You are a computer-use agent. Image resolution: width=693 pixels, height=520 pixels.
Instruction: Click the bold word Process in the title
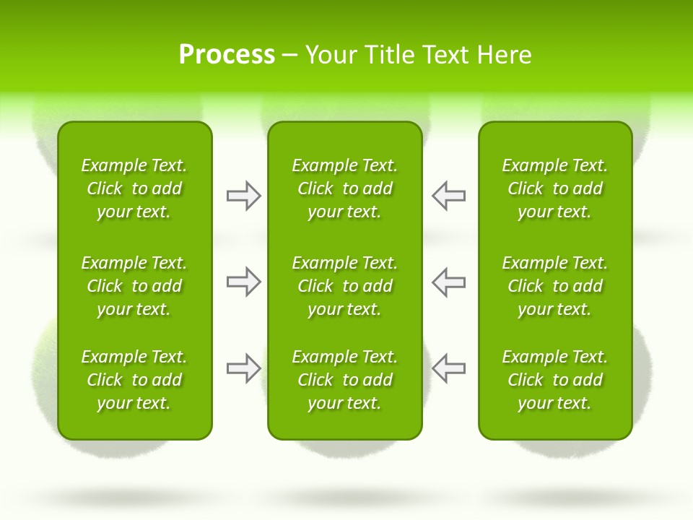(x=227, y=55)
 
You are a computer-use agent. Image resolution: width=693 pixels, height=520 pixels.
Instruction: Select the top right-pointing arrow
(x=243, y=196)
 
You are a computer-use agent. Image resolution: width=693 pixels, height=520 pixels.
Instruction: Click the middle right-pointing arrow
(x=243, y=282)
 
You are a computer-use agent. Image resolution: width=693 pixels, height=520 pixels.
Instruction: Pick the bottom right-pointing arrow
(x=243, y=368)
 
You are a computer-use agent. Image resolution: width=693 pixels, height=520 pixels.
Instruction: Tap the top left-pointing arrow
(x=449, y=196)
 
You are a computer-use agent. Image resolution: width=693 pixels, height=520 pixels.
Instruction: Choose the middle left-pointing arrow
(x=449, y=282)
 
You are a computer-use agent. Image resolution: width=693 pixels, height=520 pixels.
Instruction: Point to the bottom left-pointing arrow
(x=449, y=368)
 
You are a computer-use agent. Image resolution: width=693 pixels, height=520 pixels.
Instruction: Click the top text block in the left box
(x=134, y=188)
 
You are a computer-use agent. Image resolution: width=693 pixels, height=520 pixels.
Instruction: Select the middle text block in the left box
(x=134, y=286)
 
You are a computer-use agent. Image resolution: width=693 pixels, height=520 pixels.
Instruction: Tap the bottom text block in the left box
(x=134, y=380)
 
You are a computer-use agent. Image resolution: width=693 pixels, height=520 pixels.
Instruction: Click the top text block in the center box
(x=344, y=188)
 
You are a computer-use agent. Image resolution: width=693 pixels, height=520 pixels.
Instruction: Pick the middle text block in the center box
(x=344, y=286)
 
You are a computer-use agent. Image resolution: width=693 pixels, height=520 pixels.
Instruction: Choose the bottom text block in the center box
(x=344, y=380)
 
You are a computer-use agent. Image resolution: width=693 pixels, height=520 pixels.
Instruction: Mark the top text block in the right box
(x=554, y=188)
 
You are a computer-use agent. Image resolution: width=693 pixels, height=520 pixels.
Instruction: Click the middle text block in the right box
(x=554, y=286)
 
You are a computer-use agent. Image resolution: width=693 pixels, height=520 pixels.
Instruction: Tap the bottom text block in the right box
(x=554, y=380)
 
